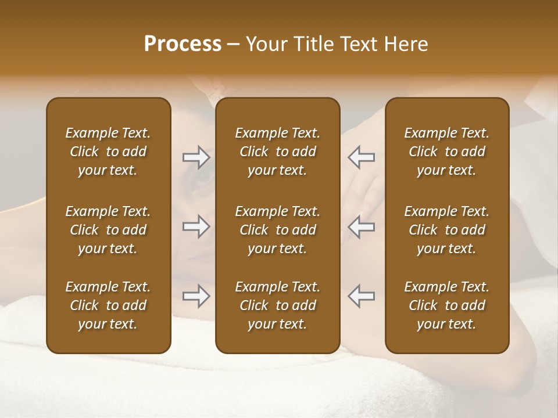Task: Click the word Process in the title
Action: (x=183, y=44)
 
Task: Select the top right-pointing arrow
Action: (x=196, y=157)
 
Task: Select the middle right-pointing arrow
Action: (x=196, y=226)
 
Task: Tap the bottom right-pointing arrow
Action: (x=196, y=297)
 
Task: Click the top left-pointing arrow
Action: (x=361, y=157)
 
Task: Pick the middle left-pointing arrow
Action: (x=361, y=226)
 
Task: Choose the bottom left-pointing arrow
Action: (x=361, y=296)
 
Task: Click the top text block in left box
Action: (x=108, y=152)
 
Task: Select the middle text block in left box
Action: (x=108, y=230)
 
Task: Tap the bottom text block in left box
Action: (x=108, y=305)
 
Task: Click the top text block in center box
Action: (x=277, y=152)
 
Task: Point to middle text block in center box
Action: (x=277, y=230)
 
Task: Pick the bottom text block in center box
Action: (x=277, y=305)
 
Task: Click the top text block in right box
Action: (x=446, y=152)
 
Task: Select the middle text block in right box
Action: (x=446, y=230)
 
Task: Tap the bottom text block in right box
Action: (x=446, y=305)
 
